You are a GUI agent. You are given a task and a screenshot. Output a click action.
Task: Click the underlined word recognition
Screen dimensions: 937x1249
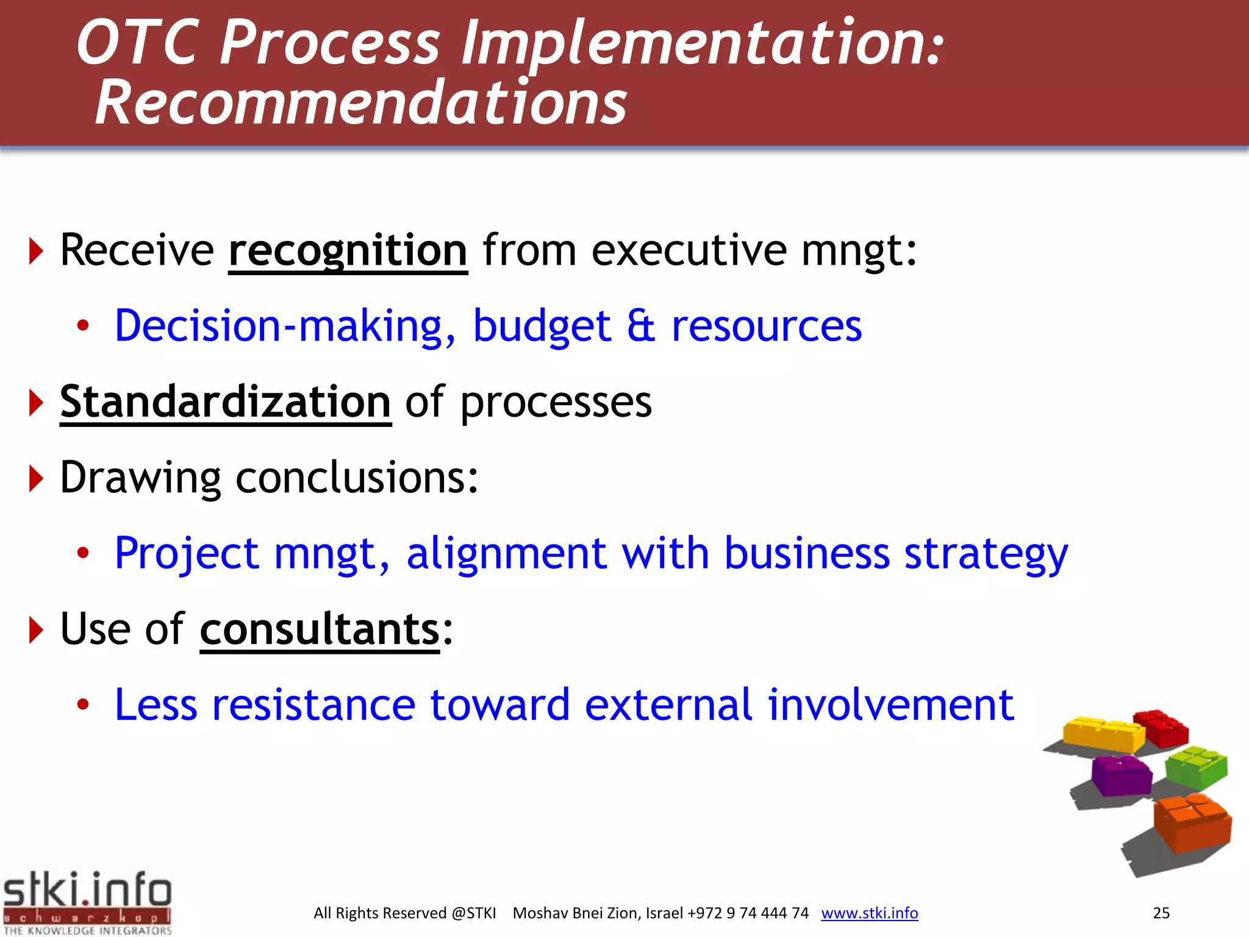coord(348,251)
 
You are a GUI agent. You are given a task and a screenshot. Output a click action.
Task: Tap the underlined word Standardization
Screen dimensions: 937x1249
coord(225,402)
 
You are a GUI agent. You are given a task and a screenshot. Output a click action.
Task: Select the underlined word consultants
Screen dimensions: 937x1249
coord(320,630)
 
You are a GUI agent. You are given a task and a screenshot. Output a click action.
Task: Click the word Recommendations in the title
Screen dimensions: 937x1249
coord(361,102)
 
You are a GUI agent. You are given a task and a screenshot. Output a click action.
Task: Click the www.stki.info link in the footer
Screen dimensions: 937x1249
coord(869,913)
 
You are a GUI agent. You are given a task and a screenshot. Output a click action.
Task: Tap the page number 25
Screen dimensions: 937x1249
coord(1161,913)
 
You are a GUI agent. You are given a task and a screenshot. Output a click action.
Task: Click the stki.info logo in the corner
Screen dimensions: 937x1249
coord(87,902)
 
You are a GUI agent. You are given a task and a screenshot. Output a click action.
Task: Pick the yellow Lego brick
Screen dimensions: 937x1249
coord(1103,734)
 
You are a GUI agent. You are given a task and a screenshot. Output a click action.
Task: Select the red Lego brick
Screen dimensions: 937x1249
coord(1162,728)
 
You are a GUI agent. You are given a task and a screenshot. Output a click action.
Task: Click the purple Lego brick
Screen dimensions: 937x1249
coord(1120,775)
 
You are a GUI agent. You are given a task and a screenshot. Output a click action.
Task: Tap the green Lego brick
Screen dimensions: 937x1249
coord(1196,767)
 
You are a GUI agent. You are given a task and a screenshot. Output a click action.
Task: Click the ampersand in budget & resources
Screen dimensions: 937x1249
coord(641,326)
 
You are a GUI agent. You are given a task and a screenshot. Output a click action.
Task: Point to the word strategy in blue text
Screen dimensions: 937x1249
coord(986,554)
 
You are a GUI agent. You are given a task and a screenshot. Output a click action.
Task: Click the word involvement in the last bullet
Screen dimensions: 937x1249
coord(890,705)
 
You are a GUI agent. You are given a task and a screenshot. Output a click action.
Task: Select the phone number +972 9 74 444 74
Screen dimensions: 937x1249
coord(748,913)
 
